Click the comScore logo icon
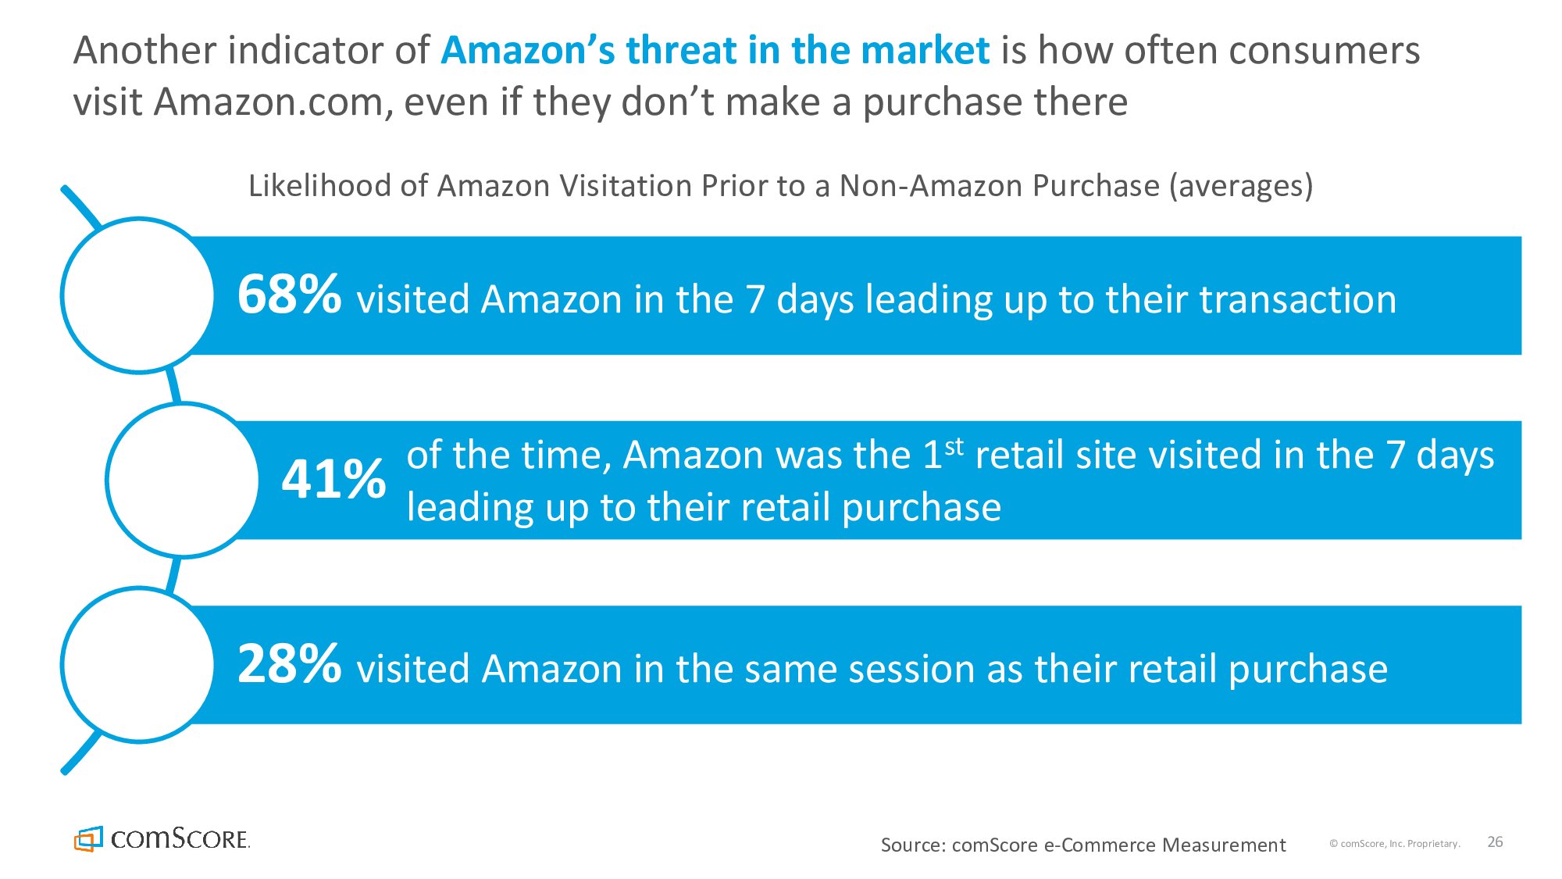pos(88,838)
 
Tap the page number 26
pos(1495,841)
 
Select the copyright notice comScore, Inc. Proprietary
pos(1395,844)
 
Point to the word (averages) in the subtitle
pos(1241,187)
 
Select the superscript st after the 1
pos(954,446)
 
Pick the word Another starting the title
pos(144,51)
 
